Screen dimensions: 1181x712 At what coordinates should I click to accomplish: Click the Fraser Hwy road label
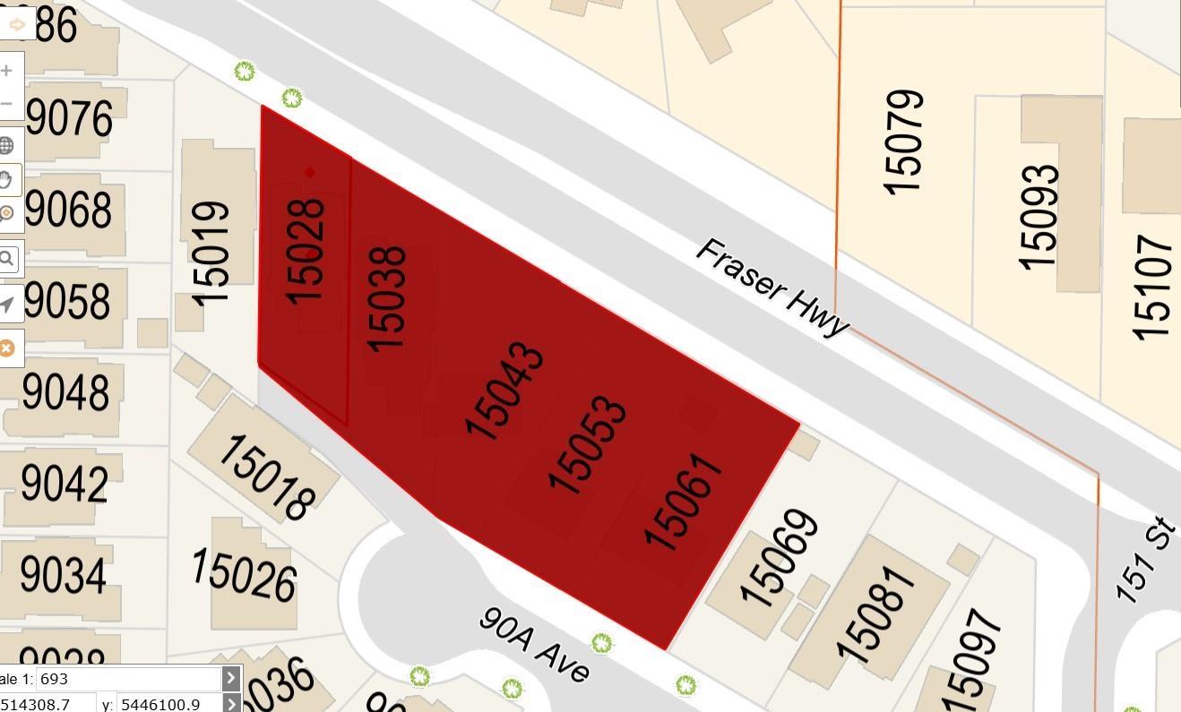[x=771, y=287]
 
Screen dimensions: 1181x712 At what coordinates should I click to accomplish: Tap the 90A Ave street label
[x=534, y=645]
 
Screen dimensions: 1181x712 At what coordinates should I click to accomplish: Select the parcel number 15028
[x=306, y=251]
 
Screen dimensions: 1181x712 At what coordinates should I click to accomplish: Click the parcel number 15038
[x=388, y=298]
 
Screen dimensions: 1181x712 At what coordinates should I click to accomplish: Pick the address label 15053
[x=588, y=444]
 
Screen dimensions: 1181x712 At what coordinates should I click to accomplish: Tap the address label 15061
[x=683, y=502]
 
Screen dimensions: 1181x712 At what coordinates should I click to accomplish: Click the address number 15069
[x=779, y=559]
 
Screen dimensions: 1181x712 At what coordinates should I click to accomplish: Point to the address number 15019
[x=211, y=253]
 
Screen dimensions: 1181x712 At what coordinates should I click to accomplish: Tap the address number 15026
[x=243, y=574]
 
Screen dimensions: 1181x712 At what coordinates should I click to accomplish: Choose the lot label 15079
[x=903, y=141]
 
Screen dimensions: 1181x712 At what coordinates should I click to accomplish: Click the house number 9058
[x=68, y=302]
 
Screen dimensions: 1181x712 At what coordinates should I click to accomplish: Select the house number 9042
[x=65, y=484]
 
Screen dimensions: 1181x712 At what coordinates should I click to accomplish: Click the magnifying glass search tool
[x=7, y=260]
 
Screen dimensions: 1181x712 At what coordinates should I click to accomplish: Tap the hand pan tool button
[x=7, y=179]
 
